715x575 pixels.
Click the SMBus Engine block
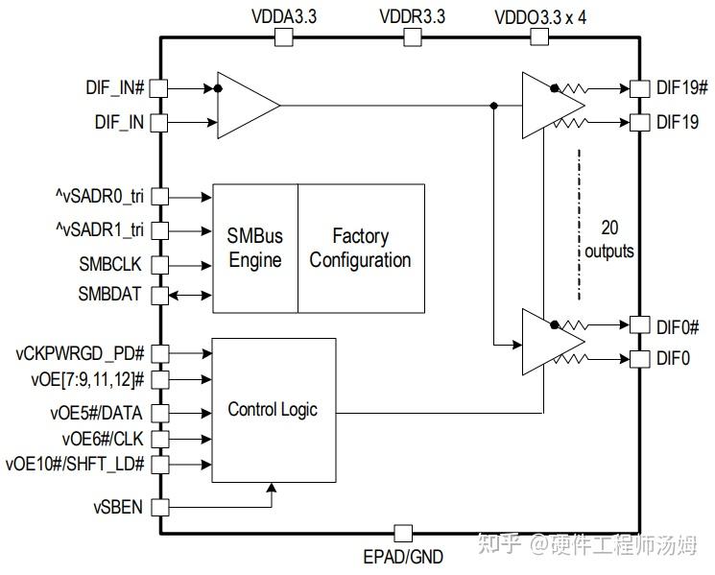pyautogui.click(x=254, y=248)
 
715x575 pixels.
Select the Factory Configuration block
pyautogui.click(x=360, y=248)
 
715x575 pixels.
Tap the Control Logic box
pyautogui.click(x=273, y=410)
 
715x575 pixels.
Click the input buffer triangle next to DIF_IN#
pyautogui.click(x=245, y=104)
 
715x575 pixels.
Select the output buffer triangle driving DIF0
pyautogui.click(x=549, y=342)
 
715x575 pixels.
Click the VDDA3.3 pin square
pyautogui.click(x=283, y=36)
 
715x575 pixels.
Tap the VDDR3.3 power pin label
pyautogui.click(x=412, y=16)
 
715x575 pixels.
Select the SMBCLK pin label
pyautogui.click(x=112, y=265)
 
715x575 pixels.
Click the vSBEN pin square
pyautogui.click(x=160, y=506)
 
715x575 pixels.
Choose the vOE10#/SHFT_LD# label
pyautogui.click(x=75, y=465)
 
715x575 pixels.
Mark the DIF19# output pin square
pyautogui.click(x=635, y=87)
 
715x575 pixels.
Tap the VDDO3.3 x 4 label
pyautogui.click(x=540, y=16)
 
